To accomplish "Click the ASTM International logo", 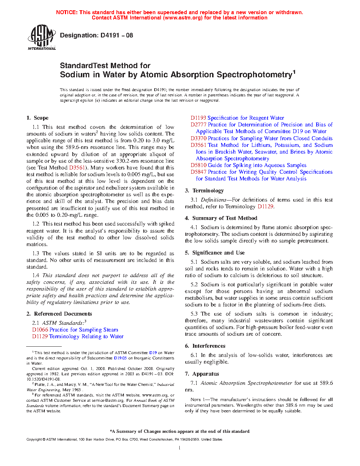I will tap(42, 37).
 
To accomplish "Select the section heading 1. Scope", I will tap(37, 118).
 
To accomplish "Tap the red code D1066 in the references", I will tap(40, 330).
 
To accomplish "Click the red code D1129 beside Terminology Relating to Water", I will tap(40, 336).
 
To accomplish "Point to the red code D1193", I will tap(198, 118).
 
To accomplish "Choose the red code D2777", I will tap(198, 125).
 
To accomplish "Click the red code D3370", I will tap(198, 138).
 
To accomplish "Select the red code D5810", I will tap(198, 165).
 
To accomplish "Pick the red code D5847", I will tap(198, 172).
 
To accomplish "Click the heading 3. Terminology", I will tap(204, 191).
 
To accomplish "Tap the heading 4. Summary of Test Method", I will tap(221, 218).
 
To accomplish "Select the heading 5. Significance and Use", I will tap(215, 253).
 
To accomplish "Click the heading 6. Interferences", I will tap(205, 346).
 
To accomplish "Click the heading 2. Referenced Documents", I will tap(59, 314).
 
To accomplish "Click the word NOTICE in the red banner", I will tap(67, 12).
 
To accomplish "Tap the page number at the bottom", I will tap(180, 448).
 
